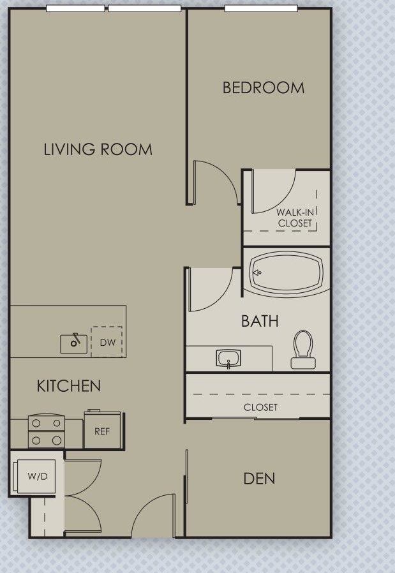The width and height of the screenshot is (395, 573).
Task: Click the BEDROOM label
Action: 263,88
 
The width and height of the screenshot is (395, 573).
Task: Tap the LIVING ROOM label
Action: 98,150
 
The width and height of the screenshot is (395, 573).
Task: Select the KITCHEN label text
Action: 68,386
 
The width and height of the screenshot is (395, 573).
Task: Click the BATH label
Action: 260,320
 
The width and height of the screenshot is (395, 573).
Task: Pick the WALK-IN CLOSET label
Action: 295,218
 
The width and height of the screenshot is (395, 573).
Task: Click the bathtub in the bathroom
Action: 286,273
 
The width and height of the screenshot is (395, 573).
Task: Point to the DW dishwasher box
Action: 107,343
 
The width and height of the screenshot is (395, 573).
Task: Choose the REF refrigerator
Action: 102,431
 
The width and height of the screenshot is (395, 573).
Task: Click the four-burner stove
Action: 47,431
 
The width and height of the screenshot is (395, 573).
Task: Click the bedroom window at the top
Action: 261,9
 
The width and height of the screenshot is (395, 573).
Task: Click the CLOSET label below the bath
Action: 260,407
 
